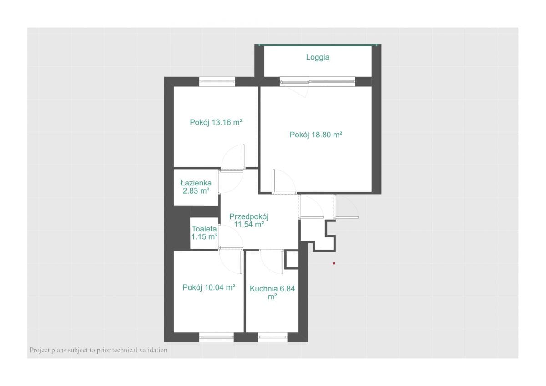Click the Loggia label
tap(318, 57)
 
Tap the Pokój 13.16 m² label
tap(216, 122)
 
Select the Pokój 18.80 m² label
tap(316, 135)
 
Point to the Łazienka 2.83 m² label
tap(196, 187)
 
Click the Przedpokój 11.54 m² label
tap(249, 220)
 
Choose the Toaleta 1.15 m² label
tap(204, 233)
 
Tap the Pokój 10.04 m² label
tap(209, 288)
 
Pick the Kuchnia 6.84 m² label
tap(272, 292)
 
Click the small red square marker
tap(334, 263)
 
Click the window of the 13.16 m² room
tap(217, 82)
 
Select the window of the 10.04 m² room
tap(217, 337)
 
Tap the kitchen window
tap(273, 337)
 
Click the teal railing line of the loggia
tap(318, 45)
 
